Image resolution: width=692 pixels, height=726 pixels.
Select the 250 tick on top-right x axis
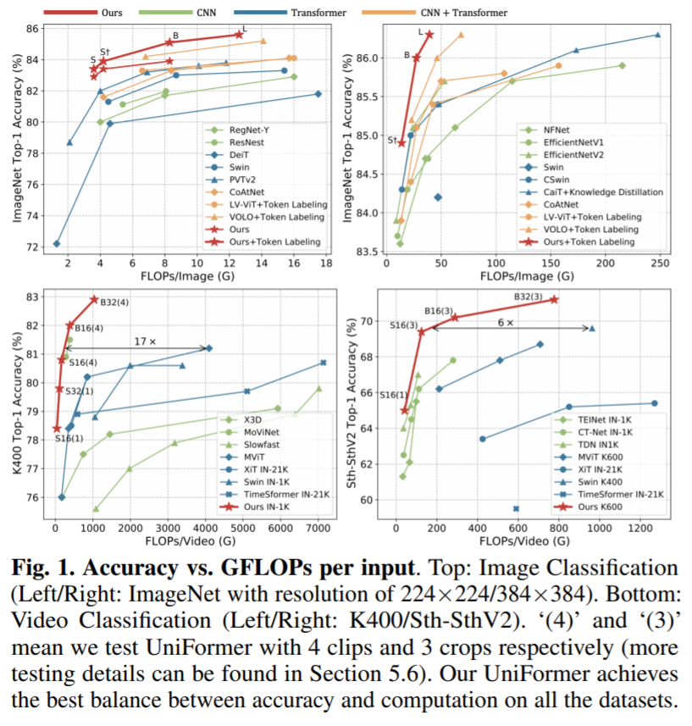tap(657, 264)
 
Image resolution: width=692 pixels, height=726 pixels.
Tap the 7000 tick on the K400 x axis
tap(317, 531)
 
